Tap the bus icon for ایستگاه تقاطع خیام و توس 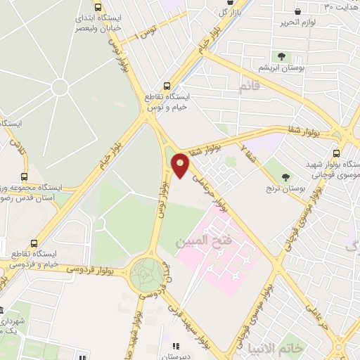click(166, 82)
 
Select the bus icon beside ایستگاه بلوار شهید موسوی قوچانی click(336, 153)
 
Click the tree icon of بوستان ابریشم click(281, 56)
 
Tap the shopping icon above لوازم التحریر click(298, 12)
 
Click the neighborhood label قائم click(248, 87)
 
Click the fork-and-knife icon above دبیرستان click(175, 346)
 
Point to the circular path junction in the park click(59, 87)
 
